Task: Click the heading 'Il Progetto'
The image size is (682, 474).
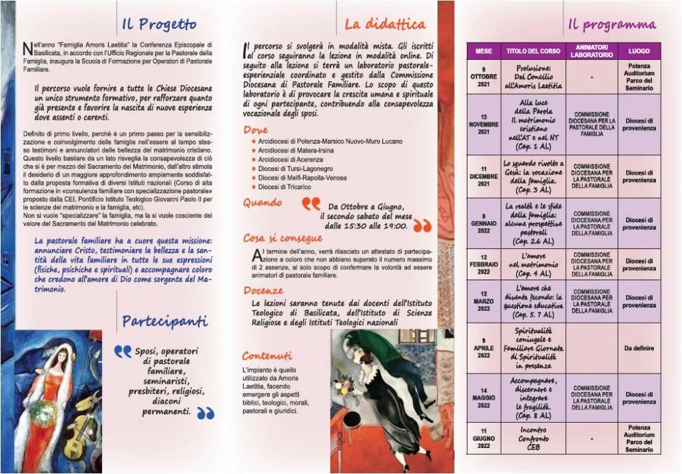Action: pos(159,25)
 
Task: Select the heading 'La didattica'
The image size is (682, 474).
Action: pos(384,25)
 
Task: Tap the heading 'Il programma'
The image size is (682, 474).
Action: pos(611,25)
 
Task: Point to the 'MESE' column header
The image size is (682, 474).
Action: pos(484,51)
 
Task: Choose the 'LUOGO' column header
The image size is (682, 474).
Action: pos(639,51)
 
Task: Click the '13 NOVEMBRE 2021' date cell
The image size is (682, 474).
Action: pos(484,124)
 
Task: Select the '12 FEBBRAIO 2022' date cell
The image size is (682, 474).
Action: pos(484,265)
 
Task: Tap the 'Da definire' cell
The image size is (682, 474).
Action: pos(639,348)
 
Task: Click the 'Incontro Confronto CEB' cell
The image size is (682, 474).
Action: pos(534,439)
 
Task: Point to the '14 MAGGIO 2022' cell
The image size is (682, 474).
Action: pos(484,398)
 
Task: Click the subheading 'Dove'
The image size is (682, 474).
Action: pos(256,130)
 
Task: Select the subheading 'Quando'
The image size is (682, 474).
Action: pos(262,202)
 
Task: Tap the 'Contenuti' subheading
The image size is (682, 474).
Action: pos(267,355)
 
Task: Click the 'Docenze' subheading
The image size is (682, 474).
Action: pos(263,290)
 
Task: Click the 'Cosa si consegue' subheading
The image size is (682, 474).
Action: pos(283,238)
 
